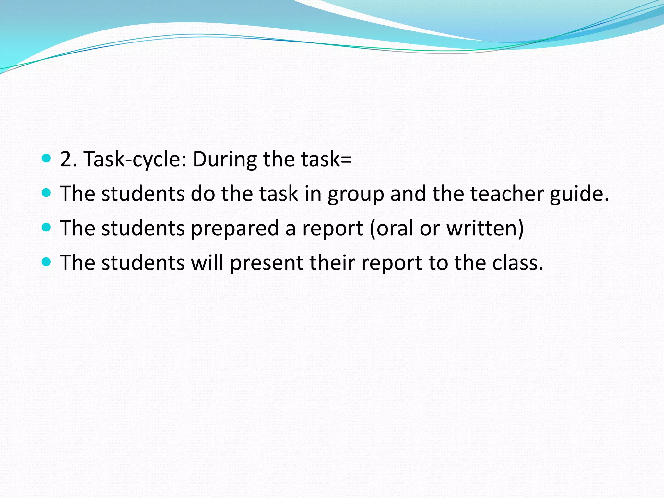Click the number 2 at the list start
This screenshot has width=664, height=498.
(66, 160)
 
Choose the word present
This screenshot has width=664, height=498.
(267, 263)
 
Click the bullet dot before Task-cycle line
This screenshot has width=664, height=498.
(47, 159)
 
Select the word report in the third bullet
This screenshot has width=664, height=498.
(333, 229)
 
